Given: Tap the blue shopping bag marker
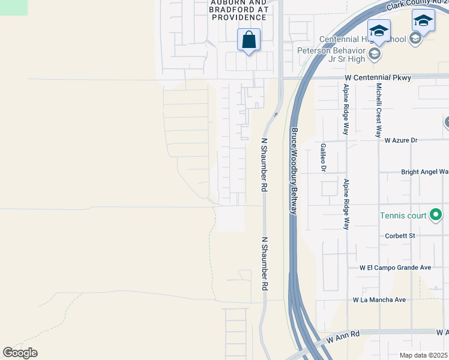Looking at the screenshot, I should point(249,40).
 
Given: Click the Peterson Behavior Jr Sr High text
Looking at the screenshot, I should point(331,55).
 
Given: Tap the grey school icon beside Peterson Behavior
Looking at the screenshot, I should point(375,55).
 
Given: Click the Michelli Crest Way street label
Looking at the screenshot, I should point(379,110).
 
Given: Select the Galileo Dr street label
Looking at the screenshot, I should point(323,158).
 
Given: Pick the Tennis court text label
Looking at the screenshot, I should point(402,215).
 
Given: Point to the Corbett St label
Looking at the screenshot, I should point(400,236).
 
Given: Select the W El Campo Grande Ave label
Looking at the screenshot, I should point(396,268).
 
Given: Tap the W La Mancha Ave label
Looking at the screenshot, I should point(379,299).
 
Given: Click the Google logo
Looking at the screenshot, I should point(20,353).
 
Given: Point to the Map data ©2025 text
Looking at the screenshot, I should point(424,355).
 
